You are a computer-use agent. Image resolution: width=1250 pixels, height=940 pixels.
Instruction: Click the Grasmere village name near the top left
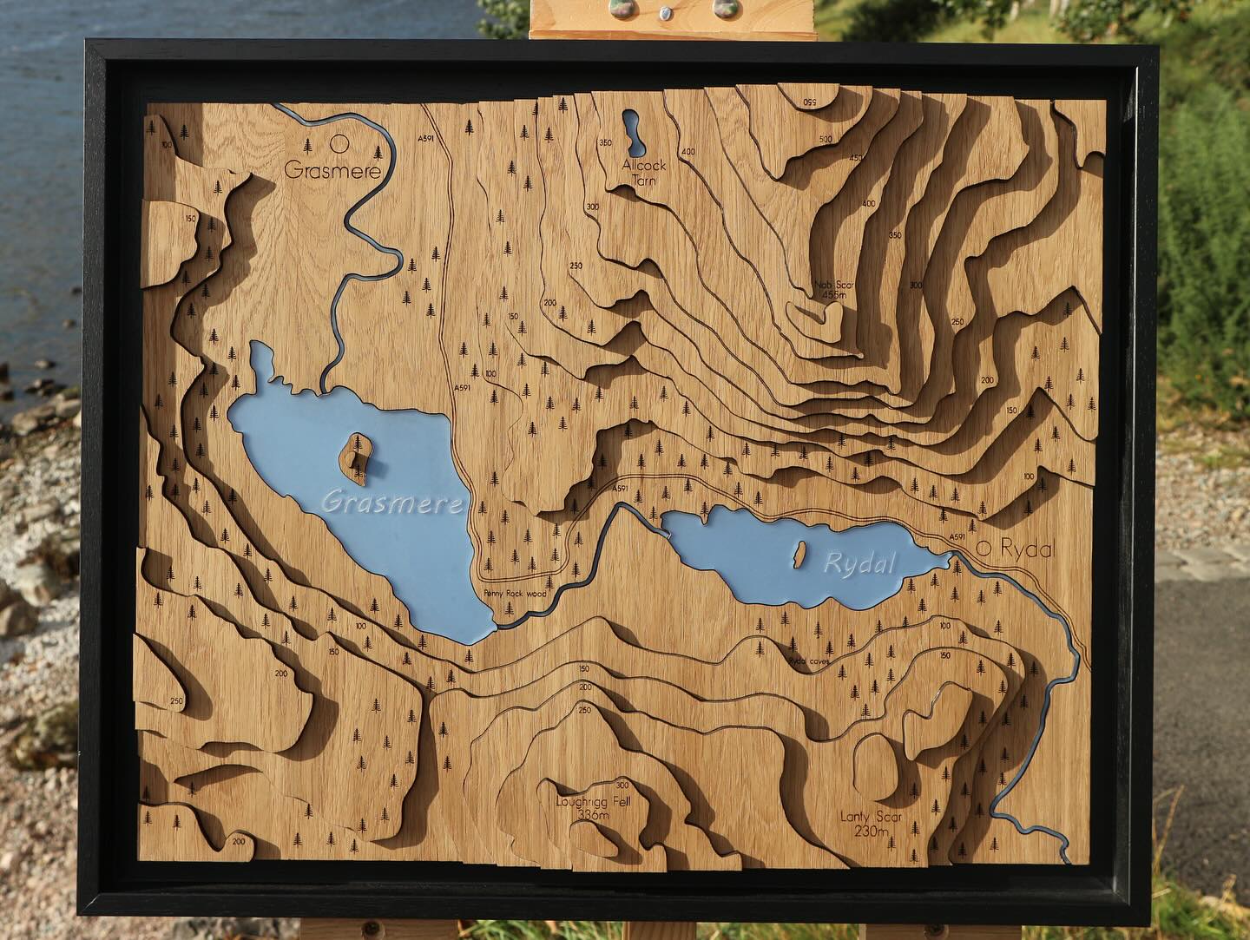333,171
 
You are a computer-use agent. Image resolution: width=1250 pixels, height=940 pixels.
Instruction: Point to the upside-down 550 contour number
812,104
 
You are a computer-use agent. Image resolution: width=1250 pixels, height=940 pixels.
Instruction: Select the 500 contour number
825,140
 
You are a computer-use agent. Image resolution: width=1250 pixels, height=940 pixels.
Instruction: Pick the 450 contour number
856,158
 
